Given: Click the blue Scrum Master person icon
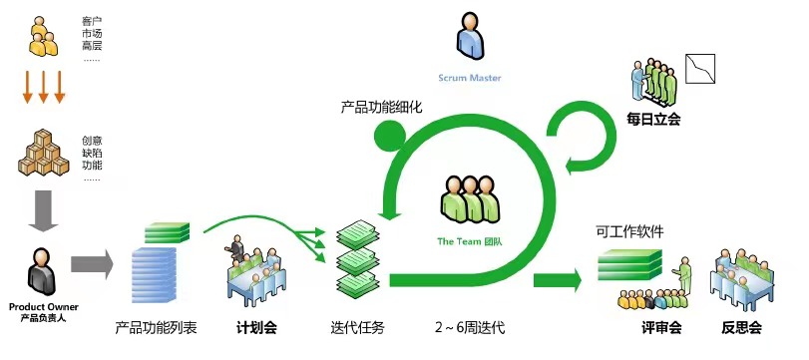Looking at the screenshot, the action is tap(470, 36).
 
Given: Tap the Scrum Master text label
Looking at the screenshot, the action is tap(470, 78).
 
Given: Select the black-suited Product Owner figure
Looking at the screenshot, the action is tap(42, 272).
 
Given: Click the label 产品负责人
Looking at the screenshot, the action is tap(43, 318).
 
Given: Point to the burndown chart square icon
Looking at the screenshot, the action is tap(700, 69).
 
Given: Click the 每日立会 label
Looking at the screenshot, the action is tap(653, 120).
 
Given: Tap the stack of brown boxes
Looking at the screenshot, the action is tap(43, 153).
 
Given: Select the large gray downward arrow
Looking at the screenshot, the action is tap(43, 211).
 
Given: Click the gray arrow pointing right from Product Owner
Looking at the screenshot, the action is tap(92, 264).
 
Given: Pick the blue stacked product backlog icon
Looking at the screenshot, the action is tap(154, 274).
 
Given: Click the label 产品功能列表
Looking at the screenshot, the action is tap(156, 328).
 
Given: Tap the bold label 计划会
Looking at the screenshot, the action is tap(256, 328).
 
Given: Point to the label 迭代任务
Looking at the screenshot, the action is tap(357, 328).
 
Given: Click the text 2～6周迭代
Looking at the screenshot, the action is tap(470, 328).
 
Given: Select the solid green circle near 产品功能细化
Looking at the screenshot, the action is tap(390, 136).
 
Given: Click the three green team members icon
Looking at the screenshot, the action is tap(470, 198).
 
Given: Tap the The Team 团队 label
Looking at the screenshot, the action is tap(470, 241).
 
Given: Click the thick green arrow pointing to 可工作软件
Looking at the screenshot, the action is tap(558, 280).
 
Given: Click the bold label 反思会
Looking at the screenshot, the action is tap(741, 328).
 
